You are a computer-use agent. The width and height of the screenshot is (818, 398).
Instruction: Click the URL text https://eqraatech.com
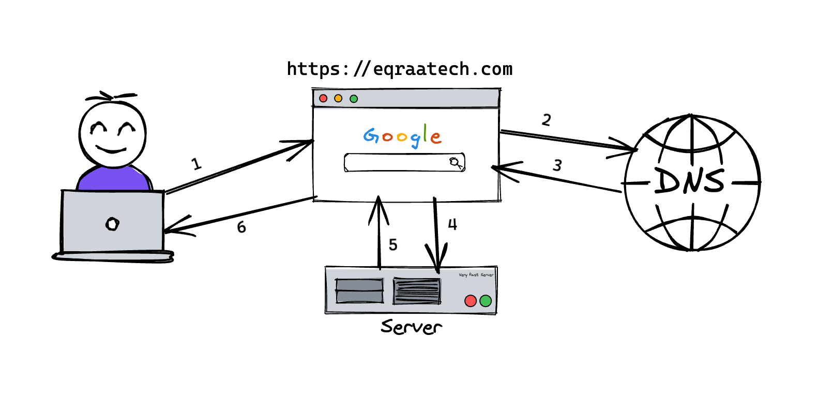[399, 69]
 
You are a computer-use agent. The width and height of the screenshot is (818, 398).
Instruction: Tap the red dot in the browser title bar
[323, 98]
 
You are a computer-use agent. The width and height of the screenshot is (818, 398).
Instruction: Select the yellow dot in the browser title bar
[338, 98]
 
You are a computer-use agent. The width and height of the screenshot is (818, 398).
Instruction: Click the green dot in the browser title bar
[354, 99]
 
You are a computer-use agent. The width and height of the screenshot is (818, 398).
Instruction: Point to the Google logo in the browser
[402, 136]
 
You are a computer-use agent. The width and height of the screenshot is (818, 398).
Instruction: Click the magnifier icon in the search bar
[456, 162]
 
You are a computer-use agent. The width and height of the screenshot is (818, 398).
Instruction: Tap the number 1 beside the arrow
[196, 164]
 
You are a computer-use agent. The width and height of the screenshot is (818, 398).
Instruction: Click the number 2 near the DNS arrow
[547, 120]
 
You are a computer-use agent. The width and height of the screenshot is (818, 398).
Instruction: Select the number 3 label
[557, 165]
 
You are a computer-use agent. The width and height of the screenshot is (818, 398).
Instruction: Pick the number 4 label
[452, 224]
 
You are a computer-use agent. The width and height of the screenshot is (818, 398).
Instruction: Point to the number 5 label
[393, 244]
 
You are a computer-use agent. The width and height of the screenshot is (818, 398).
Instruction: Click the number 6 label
[241, 227]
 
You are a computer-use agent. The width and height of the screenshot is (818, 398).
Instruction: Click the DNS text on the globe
[690, 181]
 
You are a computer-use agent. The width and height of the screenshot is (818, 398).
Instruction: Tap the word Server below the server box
[411, 327]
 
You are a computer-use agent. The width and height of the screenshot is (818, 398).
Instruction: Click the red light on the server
[471, 301]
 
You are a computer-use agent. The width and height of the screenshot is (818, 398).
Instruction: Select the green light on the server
[486, 301]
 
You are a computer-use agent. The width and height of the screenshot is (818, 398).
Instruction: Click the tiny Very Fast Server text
[476, 275]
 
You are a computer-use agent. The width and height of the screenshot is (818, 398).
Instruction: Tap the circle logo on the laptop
[112, 224]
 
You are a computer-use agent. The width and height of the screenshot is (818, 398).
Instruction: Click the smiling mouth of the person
[111, 150]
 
